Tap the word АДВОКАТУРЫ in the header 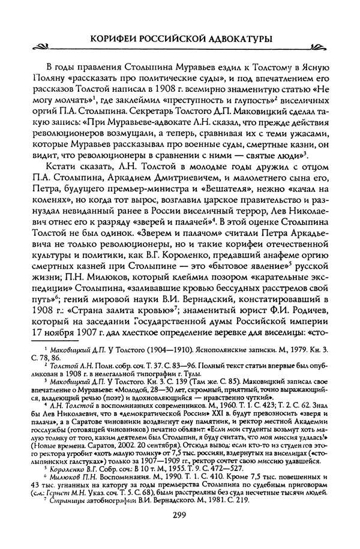pos(236,38)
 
